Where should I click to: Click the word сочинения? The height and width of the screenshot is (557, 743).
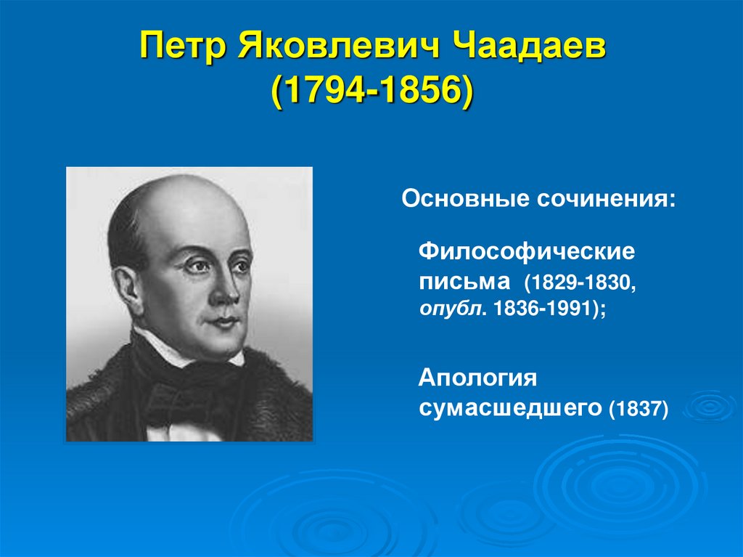click(x=604, y=198)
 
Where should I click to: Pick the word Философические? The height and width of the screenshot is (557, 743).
click(x=527, y=253)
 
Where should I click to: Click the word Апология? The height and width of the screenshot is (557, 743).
click(x=477, y=380)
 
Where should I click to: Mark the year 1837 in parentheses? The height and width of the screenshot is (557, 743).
click(x=639, y=408)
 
